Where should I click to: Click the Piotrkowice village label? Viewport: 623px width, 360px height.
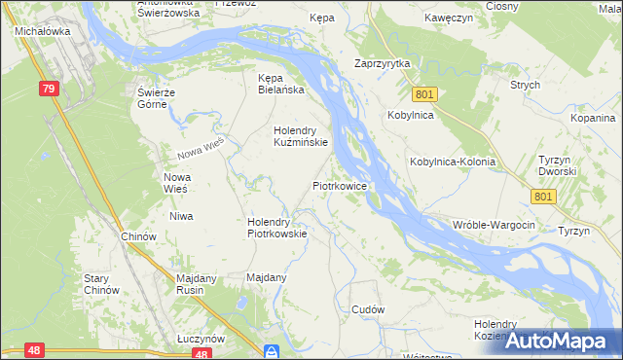339,184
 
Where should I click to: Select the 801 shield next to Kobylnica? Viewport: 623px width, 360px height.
423,94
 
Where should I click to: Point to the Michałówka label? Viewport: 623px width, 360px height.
39,31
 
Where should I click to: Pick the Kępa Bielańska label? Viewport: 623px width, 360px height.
280,84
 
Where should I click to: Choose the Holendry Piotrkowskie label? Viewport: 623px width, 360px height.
277,227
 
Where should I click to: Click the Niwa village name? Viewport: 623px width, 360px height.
181,216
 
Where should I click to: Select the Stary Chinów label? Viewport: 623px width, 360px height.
101,284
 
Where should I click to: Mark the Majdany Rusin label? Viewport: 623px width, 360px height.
202,284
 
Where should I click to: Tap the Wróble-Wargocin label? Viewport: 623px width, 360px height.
495,225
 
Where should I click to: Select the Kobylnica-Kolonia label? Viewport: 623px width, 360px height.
453,162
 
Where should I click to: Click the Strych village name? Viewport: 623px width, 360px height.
525,85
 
